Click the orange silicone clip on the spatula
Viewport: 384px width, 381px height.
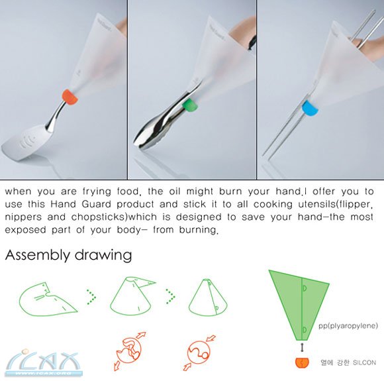[70, 97]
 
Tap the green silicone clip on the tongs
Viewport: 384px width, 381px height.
[190, 105]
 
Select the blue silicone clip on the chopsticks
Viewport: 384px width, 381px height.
[310, 109]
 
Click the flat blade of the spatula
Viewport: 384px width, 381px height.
[23, 142]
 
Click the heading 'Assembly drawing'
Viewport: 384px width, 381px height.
[68, 255]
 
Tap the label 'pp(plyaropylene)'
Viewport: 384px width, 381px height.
[348, 325]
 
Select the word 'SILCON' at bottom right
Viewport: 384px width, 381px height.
[364, 362]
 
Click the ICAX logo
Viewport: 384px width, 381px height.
[44, 363]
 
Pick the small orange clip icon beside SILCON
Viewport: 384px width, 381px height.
[302, 363]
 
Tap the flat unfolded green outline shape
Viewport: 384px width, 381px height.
[48, 299]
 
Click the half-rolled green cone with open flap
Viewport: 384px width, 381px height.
[132, 297]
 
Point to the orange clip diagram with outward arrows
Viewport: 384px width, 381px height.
[129, 351]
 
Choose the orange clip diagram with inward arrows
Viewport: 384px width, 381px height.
[199, 353]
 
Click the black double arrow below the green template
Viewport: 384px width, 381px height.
[303, 348]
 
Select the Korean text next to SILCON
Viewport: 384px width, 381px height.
[335, 362]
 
